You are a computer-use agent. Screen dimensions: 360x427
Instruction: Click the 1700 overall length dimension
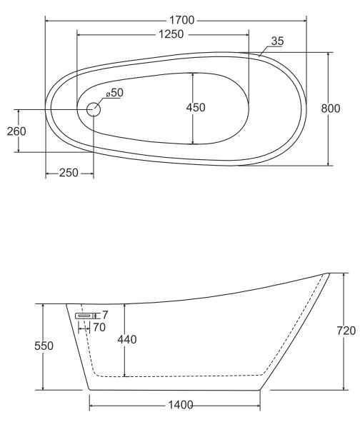(x=182, y=20)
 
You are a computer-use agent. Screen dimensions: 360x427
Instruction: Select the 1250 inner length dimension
(x=171, y=34)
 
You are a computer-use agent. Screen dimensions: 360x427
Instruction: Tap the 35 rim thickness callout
(x=277, y=41)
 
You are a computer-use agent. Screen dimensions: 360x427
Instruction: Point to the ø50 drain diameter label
(x=115, y=93)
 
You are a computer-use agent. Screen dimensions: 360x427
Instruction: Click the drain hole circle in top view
(x=94, y=109)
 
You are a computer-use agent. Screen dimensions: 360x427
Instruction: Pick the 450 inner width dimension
(x=196, y=108)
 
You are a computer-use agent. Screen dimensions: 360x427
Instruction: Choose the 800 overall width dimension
(x=331, y=109)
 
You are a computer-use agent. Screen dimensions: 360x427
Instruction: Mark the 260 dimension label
(x=16, y=131)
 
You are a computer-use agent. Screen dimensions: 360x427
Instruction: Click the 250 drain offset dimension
(x=69, y=173)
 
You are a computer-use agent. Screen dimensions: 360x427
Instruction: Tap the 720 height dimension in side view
(x=346, y=331)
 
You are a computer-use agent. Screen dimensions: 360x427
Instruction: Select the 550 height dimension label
(x=44, y=346)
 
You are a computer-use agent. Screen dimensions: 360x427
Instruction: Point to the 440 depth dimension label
(x=127, y=339)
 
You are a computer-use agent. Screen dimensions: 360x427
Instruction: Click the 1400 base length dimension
(x=181, y=405)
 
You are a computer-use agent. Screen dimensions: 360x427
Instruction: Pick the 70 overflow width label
(x=99, y=327)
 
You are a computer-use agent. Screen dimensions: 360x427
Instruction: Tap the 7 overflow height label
(x=105, y=315)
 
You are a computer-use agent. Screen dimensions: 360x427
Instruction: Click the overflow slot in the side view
(x=84, y=316)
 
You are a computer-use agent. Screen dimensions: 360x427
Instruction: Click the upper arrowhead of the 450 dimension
(x=193, y=75)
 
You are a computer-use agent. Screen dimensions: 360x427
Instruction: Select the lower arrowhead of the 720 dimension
(x=344, y=387)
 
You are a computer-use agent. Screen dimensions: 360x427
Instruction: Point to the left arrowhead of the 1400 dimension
(x=92, y=406)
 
